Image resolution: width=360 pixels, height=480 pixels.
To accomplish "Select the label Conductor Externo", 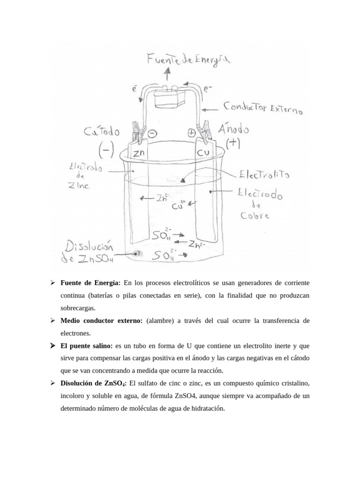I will coord(263,108).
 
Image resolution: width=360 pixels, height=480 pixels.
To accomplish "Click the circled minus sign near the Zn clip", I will coord(152,133).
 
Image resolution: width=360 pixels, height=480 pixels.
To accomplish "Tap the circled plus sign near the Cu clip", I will coord(191,133).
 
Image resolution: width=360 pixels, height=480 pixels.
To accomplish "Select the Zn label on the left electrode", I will coord(139,153).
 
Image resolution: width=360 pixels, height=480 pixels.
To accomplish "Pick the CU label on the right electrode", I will coord(202,153).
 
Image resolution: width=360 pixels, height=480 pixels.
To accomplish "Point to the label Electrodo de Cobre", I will coord(259,204).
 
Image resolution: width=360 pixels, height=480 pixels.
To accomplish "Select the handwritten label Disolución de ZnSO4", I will coord(89,252).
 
